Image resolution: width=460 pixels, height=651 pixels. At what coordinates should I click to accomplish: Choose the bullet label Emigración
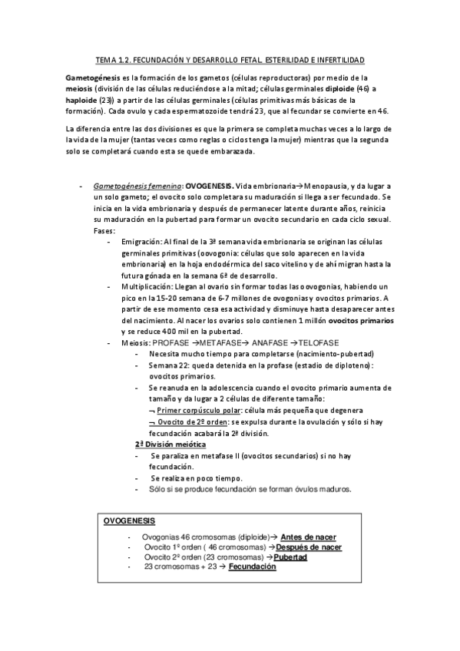pyautogui.click(x=141, y=242)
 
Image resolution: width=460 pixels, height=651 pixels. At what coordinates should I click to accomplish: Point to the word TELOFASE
pyautogui.click(x=319, y=342)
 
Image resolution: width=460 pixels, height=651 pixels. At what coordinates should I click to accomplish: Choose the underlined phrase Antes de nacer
pyautogui.click(x=309, y=537)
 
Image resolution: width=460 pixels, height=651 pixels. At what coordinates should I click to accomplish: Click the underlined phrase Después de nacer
pyautogui.click(x=309, y=547)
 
